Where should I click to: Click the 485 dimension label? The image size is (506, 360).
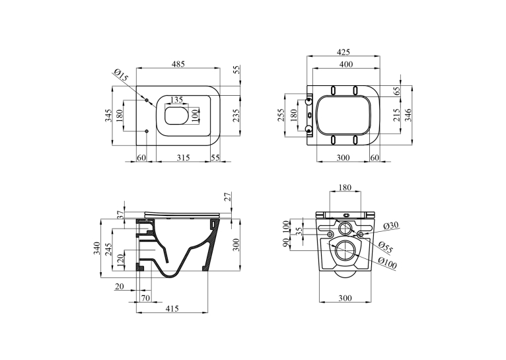178,64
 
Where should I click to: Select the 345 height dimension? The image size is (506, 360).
108,116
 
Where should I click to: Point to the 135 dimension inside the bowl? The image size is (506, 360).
176,99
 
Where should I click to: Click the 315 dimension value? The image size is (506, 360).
183,157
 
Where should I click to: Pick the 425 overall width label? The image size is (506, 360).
343,52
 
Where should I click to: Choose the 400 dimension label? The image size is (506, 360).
346,64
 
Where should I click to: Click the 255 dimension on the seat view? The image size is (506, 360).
281,115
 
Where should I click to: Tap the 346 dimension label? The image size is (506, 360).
408,115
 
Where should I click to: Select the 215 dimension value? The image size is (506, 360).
396,115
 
